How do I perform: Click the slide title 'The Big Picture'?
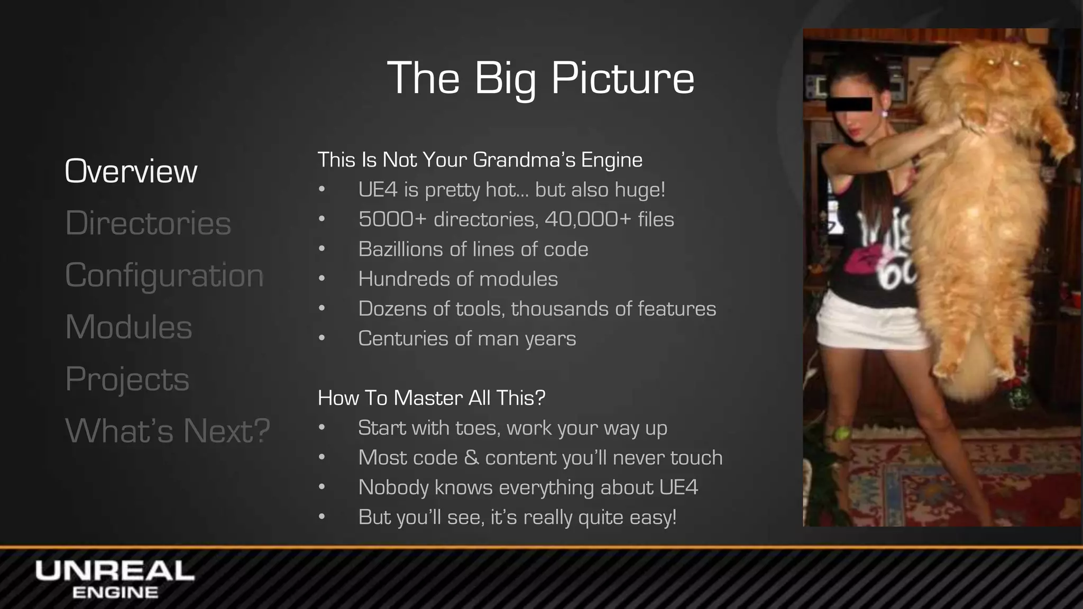tap(540, 78)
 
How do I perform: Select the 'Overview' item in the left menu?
tap(131, 171)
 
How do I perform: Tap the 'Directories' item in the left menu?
tap(148, 223)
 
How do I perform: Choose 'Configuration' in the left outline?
tap(164, 275)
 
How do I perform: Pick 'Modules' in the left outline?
tap(129, 327)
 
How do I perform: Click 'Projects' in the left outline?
tap(127, 379)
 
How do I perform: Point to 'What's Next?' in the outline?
tap(167, 430)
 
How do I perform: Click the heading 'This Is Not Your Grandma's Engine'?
tap(480, 160)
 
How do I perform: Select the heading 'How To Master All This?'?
tap(431, 398)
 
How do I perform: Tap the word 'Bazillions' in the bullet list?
tap(401, 249)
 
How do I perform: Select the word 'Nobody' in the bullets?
tap(393, 487)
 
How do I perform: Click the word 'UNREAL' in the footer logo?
tap(115, 571)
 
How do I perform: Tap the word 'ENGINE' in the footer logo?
tap(115, 593)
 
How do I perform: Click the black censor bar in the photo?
tap(849, 104)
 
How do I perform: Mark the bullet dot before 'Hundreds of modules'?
tap(322, 279)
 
